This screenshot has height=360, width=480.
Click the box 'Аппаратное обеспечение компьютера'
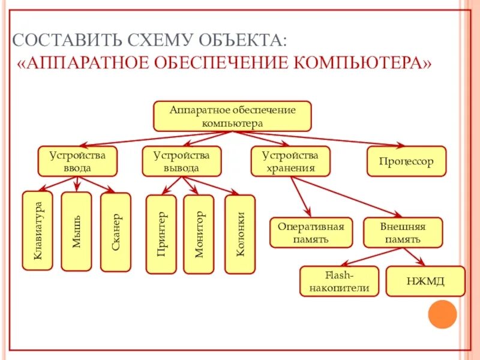pos(232,116)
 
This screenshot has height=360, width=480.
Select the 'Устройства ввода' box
pos(77,161)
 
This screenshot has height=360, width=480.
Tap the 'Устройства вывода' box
pos(181,161)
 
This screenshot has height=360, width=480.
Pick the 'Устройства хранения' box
pos(290,161)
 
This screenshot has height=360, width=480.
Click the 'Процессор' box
pos(406,161)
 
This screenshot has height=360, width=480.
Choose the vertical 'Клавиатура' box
pos(38,230)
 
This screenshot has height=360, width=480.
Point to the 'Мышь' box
pos(76,231)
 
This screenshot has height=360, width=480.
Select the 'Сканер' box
pos(115,232)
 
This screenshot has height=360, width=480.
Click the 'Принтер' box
pos(161,234)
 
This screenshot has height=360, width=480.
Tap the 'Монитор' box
pos(199,234)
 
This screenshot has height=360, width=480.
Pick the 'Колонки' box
pos(239,234)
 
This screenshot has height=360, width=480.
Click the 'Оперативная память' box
pos(310,233)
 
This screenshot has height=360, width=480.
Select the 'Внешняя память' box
pos(403,233)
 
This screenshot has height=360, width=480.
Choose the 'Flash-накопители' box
pos(340,281)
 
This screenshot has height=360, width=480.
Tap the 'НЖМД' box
pos(425,281)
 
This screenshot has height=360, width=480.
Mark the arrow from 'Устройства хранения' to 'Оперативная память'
pos(300,196)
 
